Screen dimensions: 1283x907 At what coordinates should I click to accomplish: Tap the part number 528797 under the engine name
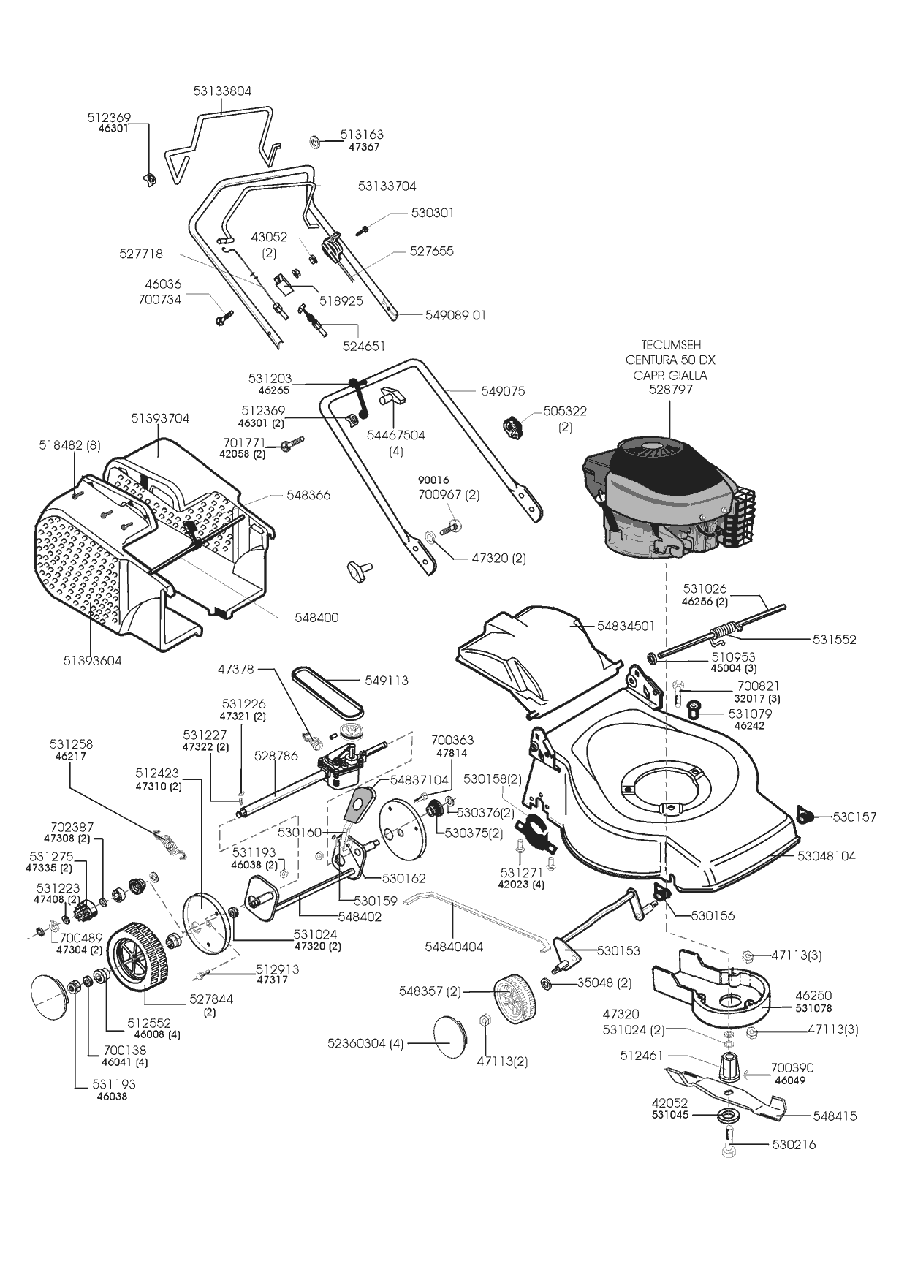670,390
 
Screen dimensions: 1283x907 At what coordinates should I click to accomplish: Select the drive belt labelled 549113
327,690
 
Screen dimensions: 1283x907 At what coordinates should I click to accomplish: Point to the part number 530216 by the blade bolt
794,1145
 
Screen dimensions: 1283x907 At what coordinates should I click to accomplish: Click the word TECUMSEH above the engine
670,344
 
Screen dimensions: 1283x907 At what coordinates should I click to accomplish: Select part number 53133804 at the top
222,91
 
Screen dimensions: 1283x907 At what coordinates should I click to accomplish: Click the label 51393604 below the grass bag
92,661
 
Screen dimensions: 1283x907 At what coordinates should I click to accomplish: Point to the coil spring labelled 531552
727,629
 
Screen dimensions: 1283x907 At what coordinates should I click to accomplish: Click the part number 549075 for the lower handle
503,391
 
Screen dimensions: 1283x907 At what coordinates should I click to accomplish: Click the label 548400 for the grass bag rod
316,618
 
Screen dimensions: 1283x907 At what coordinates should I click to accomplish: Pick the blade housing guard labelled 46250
720,987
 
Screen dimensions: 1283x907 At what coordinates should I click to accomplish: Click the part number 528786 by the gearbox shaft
276,756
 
